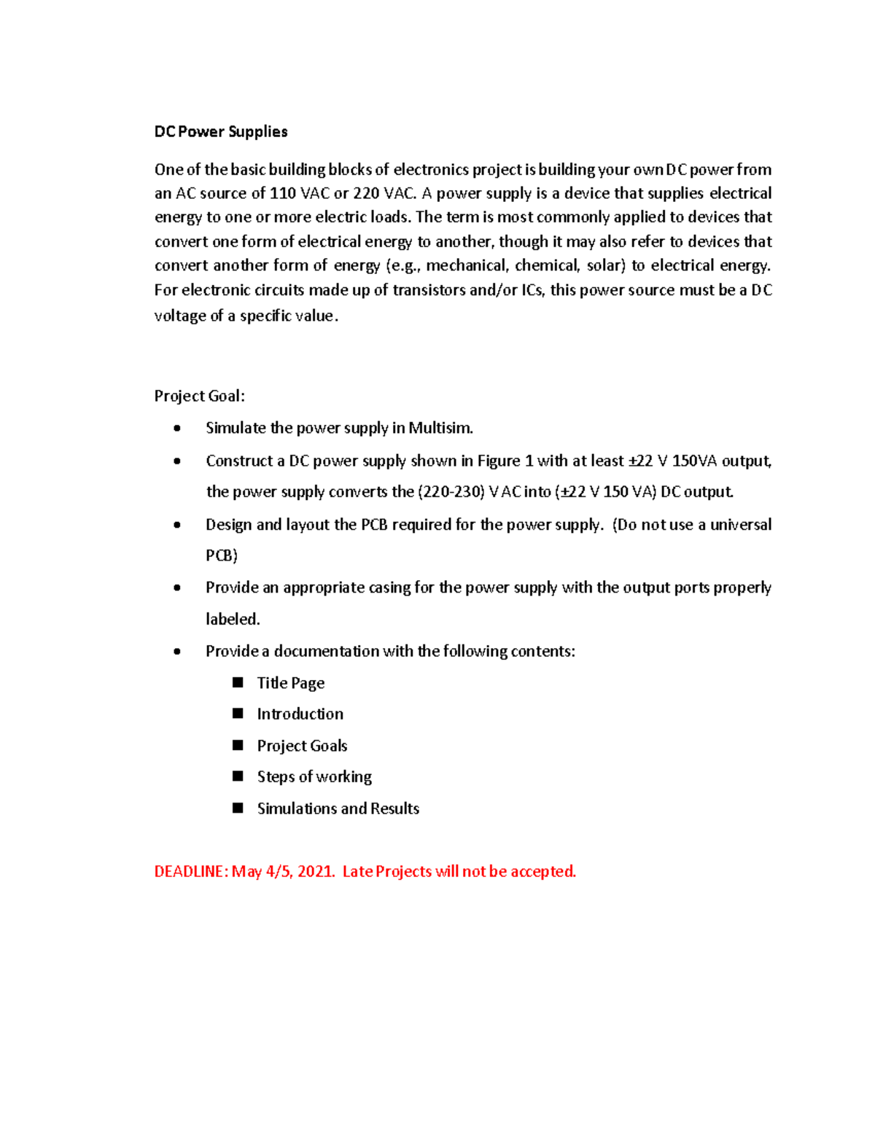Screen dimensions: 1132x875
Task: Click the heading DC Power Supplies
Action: point(220,132)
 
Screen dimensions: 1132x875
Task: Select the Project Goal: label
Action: point(199,396)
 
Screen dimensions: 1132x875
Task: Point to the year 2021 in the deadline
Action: point(315,872)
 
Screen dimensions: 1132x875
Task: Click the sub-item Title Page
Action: point(290,683)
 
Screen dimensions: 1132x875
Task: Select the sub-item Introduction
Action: point(300,714)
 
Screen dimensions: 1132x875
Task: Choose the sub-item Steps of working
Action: point(314,777)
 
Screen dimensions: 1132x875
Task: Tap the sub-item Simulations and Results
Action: point(338,808)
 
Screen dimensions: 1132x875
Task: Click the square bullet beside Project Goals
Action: point(238,745)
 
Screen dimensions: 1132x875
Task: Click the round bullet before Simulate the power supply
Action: point(177,429)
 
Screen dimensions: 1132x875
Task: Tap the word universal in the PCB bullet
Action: point(740,525)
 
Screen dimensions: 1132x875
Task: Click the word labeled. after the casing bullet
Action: point(233,620)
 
